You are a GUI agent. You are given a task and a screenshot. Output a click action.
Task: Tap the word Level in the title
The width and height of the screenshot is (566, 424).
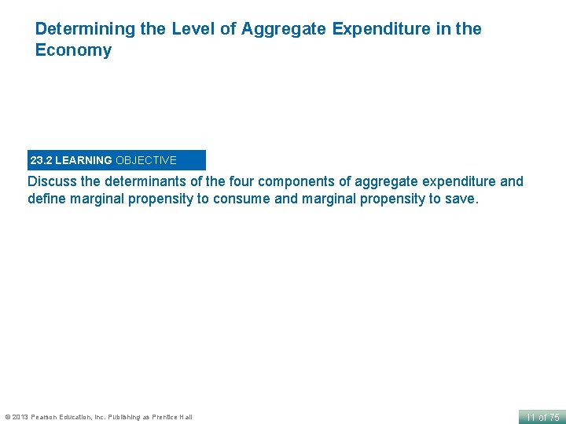pos(182,29)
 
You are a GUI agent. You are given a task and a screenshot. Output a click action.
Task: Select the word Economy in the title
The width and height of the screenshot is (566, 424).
pos(73,51)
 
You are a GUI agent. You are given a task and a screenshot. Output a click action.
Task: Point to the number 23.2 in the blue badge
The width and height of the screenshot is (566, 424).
pos(41,160)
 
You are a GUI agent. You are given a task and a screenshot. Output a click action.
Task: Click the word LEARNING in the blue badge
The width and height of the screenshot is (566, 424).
pos(83,160)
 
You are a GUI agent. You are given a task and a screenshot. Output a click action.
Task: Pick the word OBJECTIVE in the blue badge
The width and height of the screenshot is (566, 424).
pos(146,160)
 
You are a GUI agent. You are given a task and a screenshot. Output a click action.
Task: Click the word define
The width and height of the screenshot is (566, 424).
pos(47,199)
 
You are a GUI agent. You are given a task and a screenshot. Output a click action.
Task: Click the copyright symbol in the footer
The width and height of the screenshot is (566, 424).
pos(7,417)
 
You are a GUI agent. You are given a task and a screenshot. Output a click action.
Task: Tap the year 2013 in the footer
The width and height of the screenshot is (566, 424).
pos(20,417)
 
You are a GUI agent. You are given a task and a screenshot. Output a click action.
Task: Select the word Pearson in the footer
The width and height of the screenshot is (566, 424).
pos(46,417)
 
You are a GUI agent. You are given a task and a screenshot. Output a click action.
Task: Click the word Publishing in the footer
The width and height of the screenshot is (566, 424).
pos(125,417)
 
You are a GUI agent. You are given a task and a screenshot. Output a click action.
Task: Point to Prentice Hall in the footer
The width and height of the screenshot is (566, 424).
pos(173,417)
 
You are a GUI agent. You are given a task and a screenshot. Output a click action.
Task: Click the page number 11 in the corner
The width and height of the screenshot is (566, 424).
pos(531,417)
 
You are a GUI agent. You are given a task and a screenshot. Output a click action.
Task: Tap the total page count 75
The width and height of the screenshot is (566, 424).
pos(553,417)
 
